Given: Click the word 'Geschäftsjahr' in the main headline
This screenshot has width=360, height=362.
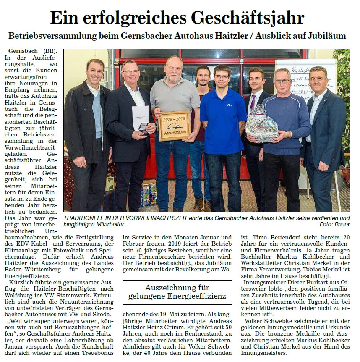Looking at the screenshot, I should pos(247,18).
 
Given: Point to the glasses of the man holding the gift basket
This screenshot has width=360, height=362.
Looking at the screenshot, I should pos(282,81).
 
